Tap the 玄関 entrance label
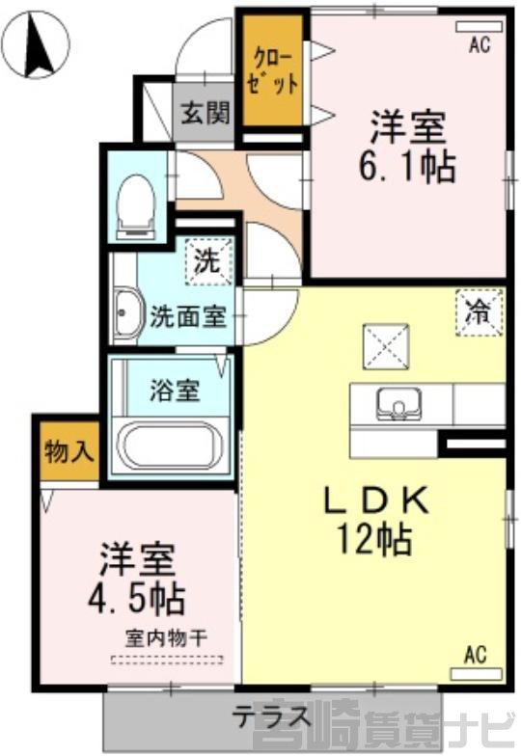pyautogui.click(x=205, y=113)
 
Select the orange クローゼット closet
pyautogui.click(x=272, y=70)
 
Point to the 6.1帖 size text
pyautogui.click(x=407, y=166)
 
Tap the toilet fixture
pyautogui.click(x=137, y=207)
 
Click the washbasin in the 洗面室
pyautogui.click(x=127, y=313)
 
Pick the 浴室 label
pyautogui.click(x=175, y=391)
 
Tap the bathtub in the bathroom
pyautogui.click(x=172, y=446)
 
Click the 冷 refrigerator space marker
pyautogui.click(x=479, y=312)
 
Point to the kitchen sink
pyautogui.click(x=399, y=403)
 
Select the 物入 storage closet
pyautogui.click(x=69, y=451)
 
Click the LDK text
pyautogui.click(x=376, y=500)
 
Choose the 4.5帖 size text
pyautogui.click(x=137, y=598)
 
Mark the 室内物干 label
pyautogui.click(x=166, y=639)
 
